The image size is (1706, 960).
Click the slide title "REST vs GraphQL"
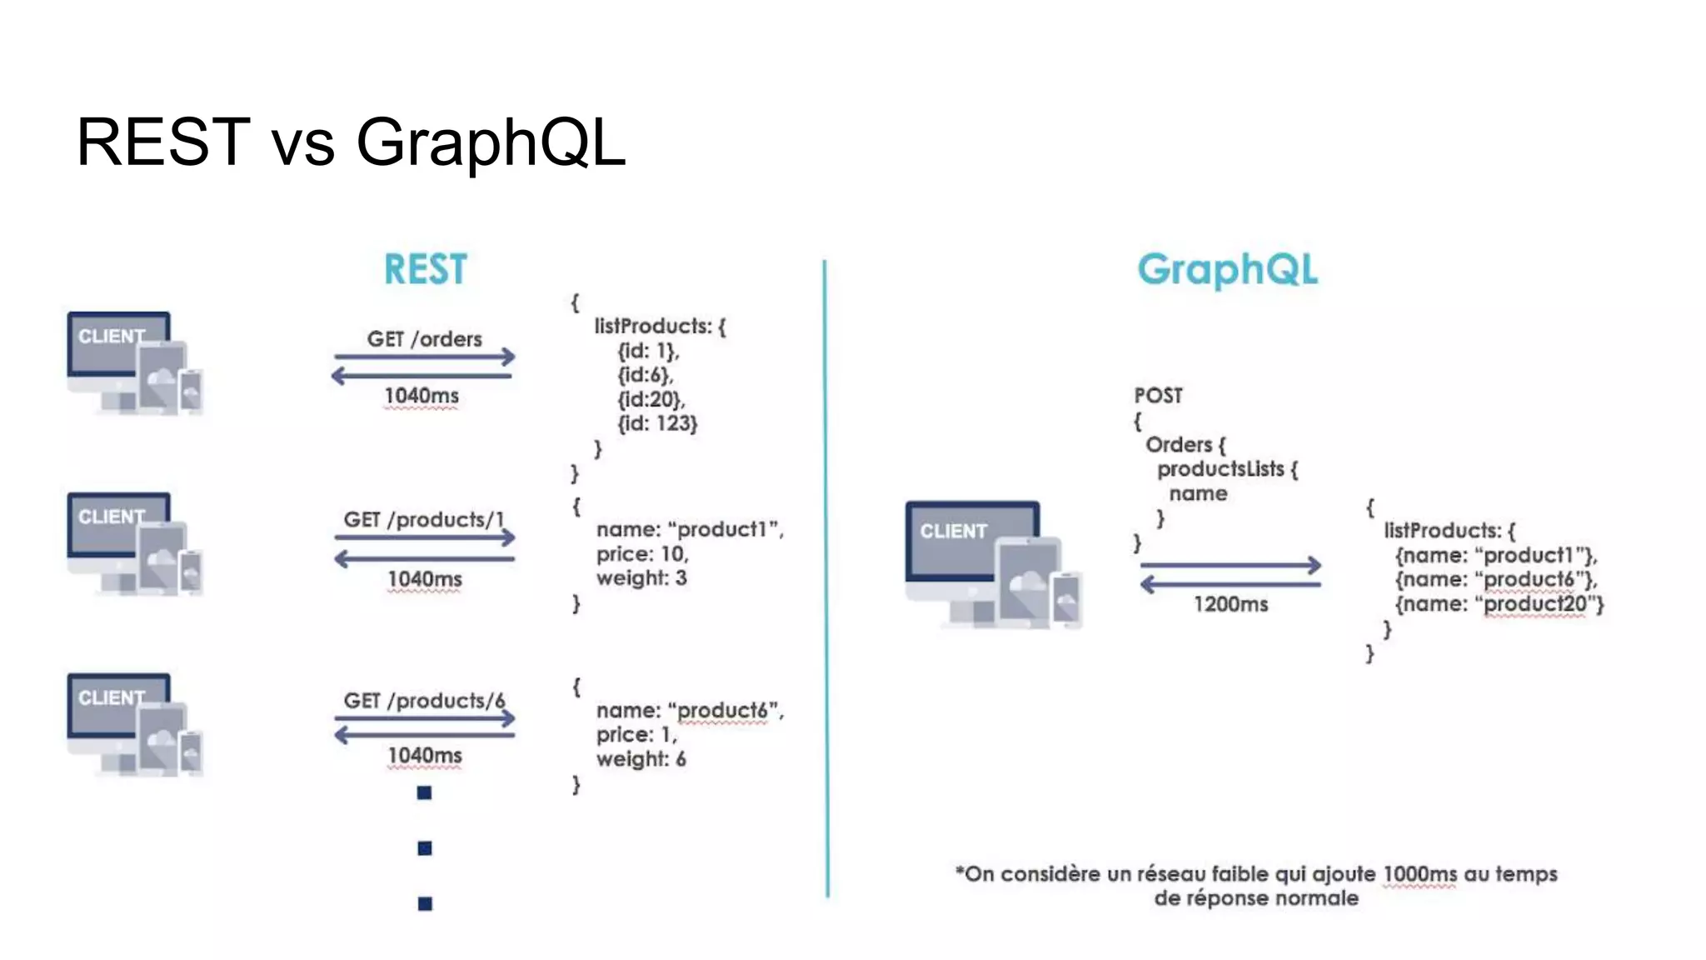350,142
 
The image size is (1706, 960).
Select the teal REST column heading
425,269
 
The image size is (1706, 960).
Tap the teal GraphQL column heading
1227,269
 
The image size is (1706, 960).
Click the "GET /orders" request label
424,339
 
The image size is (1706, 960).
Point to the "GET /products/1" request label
424,520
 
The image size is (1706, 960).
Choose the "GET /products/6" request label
424,701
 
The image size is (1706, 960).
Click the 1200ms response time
1230,604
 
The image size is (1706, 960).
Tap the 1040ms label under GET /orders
422,396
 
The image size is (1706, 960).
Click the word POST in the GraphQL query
1158,396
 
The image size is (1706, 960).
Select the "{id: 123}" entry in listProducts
657,423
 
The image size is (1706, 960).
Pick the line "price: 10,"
642,554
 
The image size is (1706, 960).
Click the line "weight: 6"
641,759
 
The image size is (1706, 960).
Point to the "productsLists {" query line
1227,469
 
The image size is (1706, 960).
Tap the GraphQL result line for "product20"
1499,604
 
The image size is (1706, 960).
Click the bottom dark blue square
425,903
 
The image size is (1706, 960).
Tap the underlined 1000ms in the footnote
1419,874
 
